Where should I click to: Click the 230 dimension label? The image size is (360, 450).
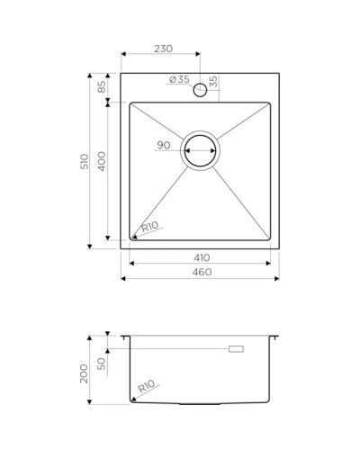(163, 49)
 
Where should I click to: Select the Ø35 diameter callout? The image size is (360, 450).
(179, 80)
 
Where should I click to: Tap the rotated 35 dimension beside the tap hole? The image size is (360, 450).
(212, 82)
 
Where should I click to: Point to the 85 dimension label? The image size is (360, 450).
(103, 87)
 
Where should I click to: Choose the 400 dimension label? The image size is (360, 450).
(103, 163)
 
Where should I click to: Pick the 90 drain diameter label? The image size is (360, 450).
(164, 145)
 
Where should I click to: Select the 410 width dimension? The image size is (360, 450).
(200, 257)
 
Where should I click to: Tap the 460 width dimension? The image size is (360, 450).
(200, 273)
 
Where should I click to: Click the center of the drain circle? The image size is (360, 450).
(200, 151)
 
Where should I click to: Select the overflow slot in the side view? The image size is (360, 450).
(238, 347)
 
